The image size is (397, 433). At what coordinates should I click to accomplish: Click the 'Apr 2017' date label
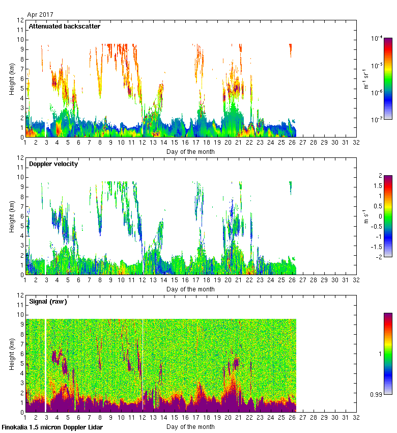click(40, 15)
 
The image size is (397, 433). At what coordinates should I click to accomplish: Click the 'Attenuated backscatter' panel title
click(64, 26)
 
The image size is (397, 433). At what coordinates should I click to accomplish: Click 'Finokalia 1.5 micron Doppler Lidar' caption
click(52, 427)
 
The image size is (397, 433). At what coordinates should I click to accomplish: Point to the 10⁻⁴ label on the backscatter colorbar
click(377, 38)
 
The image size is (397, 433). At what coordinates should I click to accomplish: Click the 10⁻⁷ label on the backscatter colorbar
click(377, 120)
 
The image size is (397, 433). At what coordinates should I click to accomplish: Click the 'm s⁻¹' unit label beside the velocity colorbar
click(366, 216)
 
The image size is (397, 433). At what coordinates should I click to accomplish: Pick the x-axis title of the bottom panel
click(190, 427)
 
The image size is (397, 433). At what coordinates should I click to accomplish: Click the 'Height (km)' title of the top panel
click(12, 79)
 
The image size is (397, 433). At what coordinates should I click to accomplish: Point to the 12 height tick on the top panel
click(20, 20)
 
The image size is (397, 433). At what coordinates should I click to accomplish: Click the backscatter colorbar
click(388, 78)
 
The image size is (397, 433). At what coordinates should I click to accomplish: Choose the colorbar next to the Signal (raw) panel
click(388, 354)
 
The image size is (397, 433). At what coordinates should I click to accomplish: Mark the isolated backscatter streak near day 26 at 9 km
click(290, 50)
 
